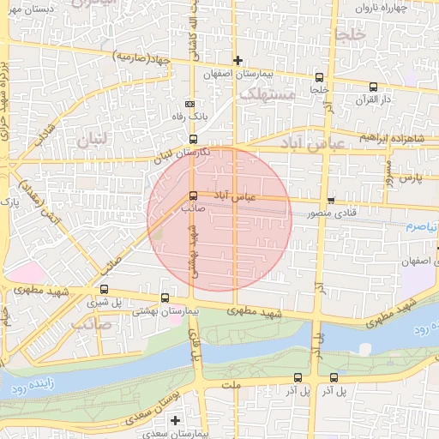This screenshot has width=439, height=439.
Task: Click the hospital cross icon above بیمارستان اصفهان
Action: click(x=238, y=59)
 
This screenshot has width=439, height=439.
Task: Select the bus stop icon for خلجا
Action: click(x=319, y=76)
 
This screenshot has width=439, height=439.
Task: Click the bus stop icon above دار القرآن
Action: click(x=373, y=87)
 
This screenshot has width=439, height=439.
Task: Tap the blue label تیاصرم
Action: click(x=421, y=226)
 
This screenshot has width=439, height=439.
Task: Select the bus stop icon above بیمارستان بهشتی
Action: click(x=164, y=298)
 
